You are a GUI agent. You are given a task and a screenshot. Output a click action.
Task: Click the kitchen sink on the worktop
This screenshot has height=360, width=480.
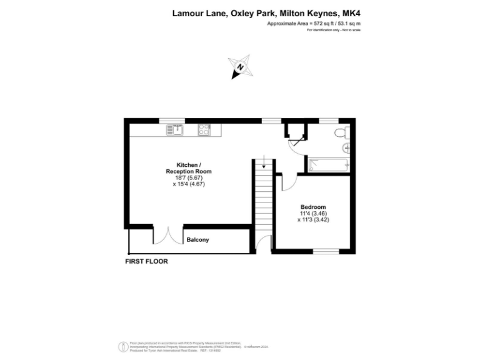pos(174,130)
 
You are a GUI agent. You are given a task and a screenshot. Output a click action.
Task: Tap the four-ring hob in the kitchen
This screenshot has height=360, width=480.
pos(204,130)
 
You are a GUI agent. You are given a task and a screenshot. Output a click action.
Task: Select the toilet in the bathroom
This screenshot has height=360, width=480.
pos(341,132)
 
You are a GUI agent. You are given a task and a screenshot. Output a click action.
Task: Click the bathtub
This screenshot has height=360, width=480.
pos(327,165)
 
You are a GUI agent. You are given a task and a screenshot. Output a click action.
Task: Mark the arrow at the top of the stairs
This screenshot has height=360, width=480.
pos(264,163)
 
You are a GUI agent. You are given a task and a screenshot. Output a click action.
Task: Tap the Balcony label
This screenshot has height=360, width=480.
pos(197,240)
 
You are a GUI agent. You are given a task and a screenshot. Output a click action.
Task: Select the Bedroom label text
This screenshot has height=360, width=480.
pos(312,207)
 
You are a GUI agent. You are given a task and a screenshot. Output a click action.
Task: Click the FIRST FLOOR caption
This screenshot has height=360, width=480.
pos(146,261)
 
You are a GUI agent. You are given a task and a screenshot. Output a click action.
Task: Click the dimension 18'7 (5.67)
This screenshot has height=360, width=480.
pos(188,177)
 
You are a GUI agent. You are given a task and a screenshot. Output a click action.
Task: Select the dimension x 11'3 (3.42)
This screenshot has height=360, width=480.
pos(312,219)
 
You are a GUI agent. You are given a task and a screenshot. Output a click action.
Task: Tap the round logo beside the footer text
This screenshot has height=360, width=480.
pos(122,346)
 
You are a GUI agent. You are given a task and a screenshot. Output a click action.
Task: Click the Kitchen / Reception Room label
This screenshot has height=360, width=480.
pos(188,167)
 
